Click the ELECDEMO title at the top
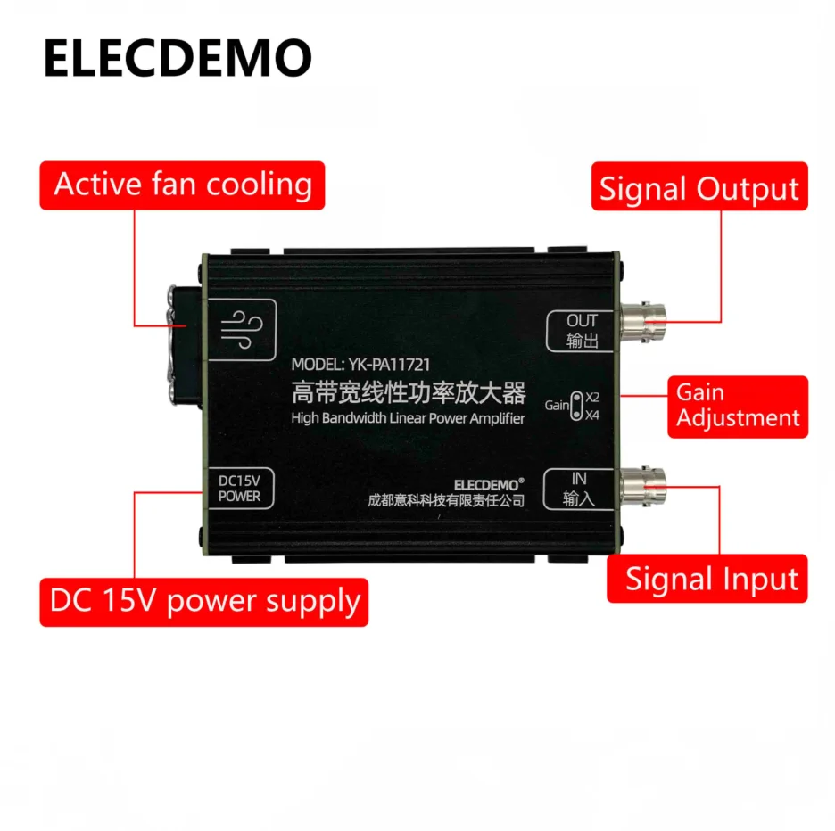pyautogui.click(x=178, y=58)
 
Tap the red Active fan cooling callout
pyautogui.click(x=182, y=185)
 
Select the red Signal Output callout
pyautogui.click(x=699, y=186)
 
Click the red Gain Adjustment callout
pyautogui.click(x=738, y=407)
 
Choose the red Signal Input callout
pyautogui.click(x=707, y=579)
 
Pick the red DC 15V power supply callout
pyautogui.click(x=204, y=602)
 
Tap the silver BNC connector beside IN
pyautogui.click(x=643, y=486)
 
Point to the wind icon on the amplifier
pyautogui.click(x=242, y=330)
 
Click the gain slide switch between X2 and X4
pyautogui.click(x=576, y=406)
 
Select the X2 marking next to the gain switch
pyautogui.click(x=592, y=397)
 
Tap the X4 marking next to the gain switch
pyautogui.click(x=592, y=415)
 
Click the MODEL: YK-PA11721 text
pyautogui.click(x=360, y=365)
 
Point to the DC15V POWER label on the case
pyautogui.click(x=240, y=489)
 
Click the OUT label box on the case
pyautogui.click(x=581, y=331)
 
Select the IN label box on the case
pyautogui.click(x=579, y=489)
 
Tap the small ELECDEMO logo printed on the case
pyautogui.click(x=489, y=484)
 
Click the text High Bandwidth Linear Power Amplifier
pyautogui.click(x=408, y=418)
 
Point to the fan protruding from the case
pyautogui.click(x=185, y=347)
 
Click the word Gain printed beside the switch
pyautogui.click(x=557, y=406)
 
